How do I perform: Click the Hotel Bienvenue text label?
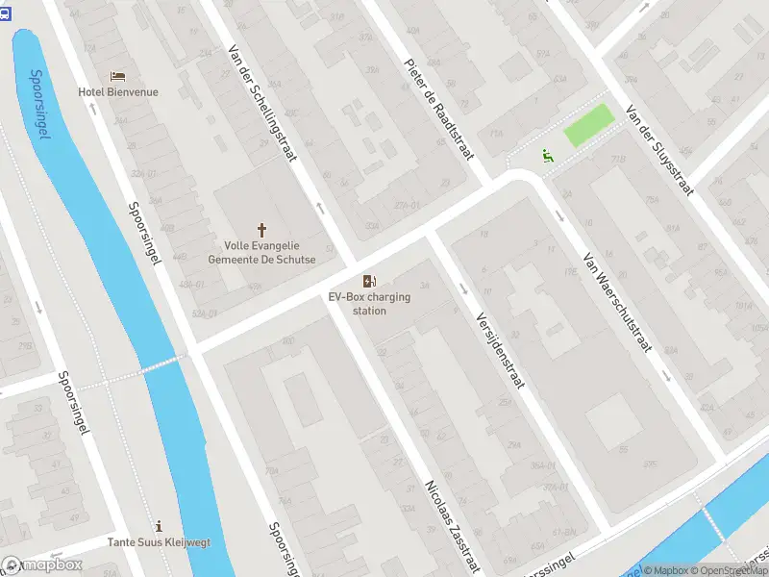(118, 92)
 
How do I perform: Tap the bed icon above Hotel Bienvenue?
(118, 76)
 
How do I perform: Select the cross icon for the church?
(261, 230)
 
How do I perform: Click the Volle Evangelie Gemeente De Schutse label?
(261, 252)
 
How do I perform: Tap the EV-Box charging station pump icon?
(369, 281)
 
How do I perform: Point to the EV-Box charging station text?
(369, 304)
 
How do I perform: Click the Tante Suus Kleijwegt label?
(159, 542)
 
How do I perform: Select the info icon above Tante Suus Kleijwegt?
(159, 526)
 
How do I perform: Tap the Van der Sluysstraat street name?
(658, 149)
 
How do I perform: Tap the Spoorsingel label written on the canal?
(39, 104)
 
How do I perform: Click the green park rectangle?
(587, 126)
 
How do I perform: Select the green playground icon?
(547, 155)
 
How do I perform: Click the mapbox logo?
(42, 565)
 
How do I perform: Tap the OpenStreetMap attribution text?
(731, 570)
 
